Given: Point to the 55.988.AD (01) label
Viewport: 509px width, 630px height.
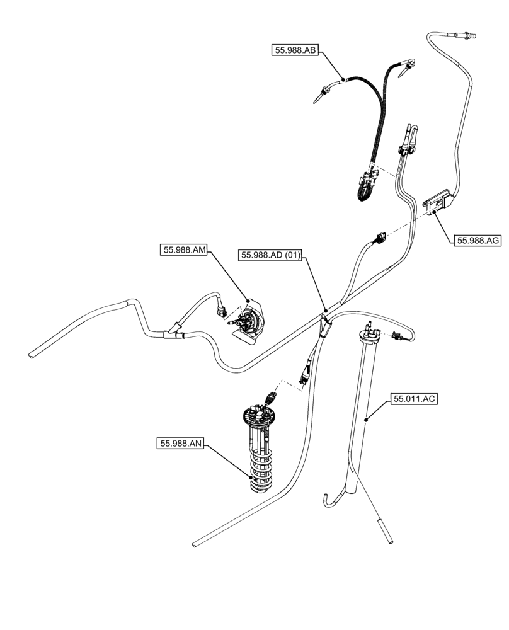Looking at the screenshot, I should [x=272, y=255].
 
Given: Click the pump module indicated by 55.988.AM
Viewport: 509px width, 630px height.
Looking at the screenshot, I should [x=251, y=321].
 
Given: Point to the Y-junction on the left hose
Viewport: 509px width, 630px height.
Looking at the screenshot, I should [x=172, y=332].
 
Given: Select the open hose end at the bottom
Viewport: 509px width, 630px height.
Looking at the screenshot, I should [x=198, y=542].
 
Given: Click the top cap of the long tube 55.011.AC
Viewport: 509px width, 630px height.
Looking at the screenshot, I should [x=366, y=326].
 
